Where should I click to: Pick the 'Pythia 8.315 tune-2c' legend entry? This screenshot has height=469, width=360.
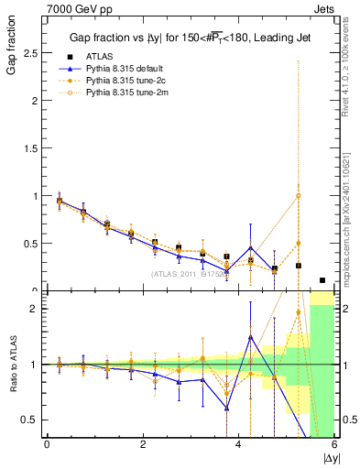click(x=125, y=81)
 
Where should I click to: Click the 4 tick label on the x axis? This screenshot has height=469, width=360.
click(x=239, y=445)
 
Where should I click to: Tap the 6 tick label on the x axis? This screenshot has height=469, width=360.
click(x=334, y=445)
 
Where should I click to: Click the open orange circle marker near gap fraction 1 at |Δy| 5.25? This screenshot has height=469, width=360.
click(x=298, y=196)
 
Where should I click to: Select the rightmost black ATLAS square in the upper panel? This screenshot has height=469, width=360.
click(x=322, y=280)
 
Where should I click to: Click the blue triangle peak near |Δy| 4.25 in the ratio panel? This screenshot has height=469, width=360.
click(x=250, y=337)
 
